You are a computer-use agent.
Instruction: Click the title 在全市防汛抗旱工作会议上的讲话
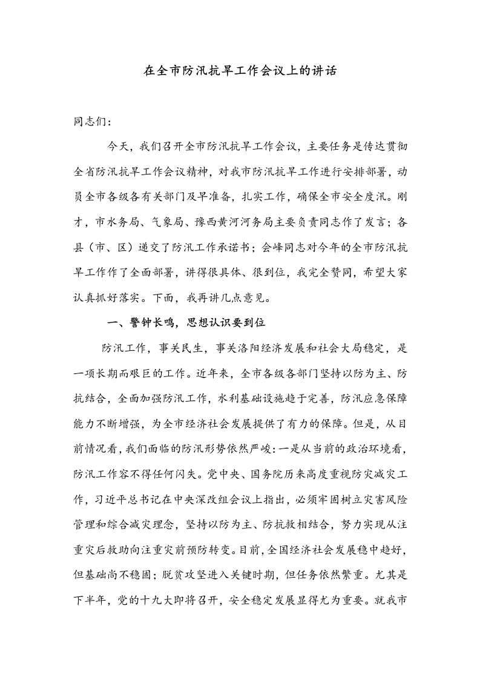pos(240,70)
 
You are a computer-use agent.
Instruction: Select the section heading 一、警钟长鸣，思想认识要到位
pos(186,322)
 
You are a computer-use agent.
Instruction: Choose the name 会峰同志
pos(286,247)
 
